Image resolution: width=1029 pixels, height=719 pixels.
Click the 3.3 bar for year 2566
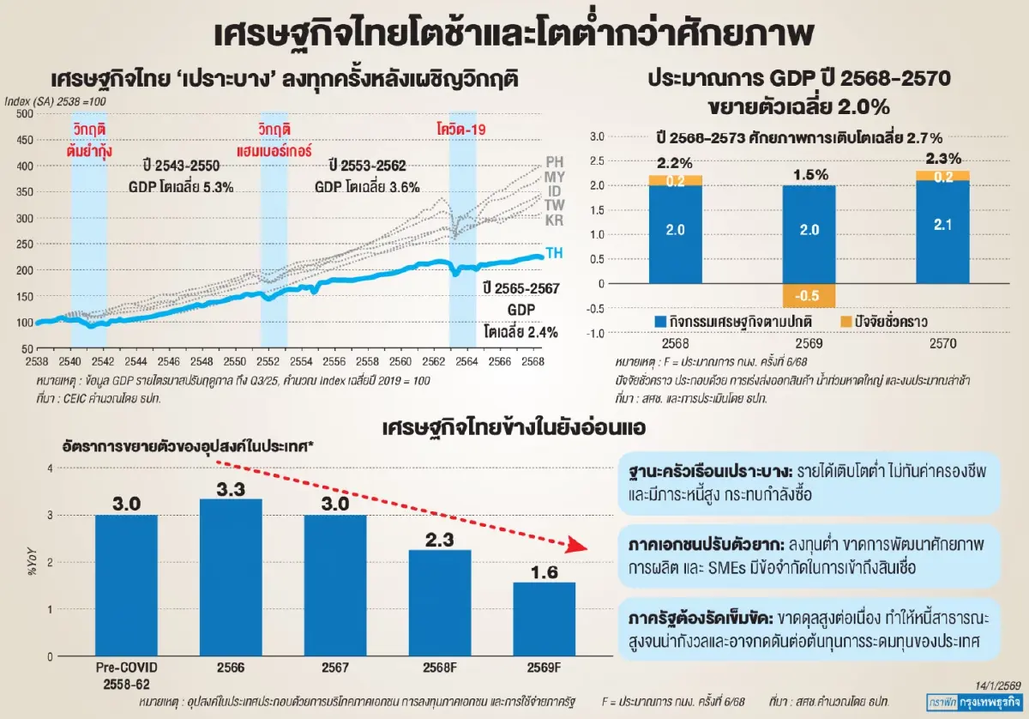coord(231,577)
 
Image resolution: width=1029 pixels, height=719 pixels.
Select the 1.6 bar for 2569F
coord(544,619)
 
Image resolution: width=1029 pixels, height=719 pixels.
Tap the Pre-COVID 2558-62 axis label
coord(126,675)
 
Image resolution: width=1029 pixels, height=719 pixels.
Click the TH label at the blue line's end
coord(554,251)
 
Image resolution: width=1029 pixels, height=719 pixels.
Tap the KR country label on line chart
coord(554,221)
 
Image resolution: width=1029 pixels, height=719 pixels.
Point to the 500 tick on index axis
coord(23,113)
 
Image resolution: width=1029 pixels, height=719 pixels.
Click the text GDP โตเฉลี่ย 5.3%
coord(181,186)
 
